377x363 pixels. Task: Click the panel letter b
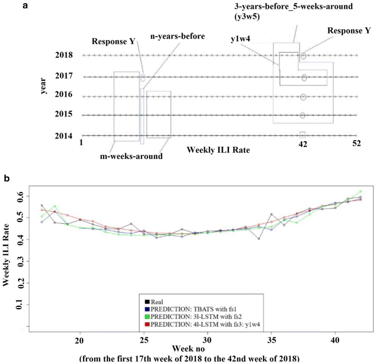(53, 179)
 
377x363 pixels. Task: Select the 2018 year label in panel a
(63, 56)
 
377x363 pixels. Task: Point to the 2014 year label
(63, 135)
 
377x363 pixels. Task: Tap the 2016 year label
(63, 95)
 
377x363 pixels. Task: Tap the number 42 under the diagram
(302, 144)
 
